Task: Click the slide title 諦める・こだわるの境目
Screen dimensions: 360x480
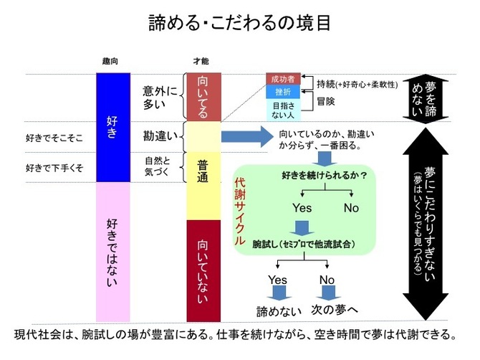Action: [239, 23]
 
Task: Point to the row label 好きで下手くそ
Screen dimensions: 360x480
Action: [54, 169]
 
